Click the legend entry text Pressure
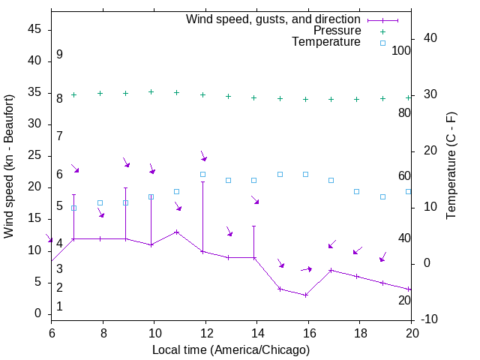pyautogui.click(x=336, y=31)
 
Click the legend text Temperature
pyautogui.click(x=326, y=42)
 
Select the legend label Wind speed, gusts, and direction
pyautogui.click(x=274, y=19)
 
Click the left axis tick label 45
pyautogui.click(x=34, y=30)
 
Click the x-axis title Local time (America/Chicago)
pyautogui.click(x=231, y=349)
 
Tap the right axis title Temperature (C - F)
pyautogui.click(x=451, y=166)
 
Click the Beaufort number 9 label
pyautogui.click(x=59, y=55)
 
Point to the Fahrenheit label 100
pyautogui.click(x=401, y=50)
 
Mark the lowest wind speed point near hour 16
pyautogui.click(x=305, y=295)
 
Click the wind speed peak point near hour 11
pyautogui.click(x=177, y=232)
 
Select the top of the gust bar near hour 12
pyautogui.click(x=202, y=182)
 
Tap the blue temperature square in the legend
pyautogui.click(x=382, y=43)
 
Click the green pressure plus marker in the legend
pyautogui.click(x=382, y=31)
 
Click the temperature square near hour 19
pyautogui.click(x=382, y=196)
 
